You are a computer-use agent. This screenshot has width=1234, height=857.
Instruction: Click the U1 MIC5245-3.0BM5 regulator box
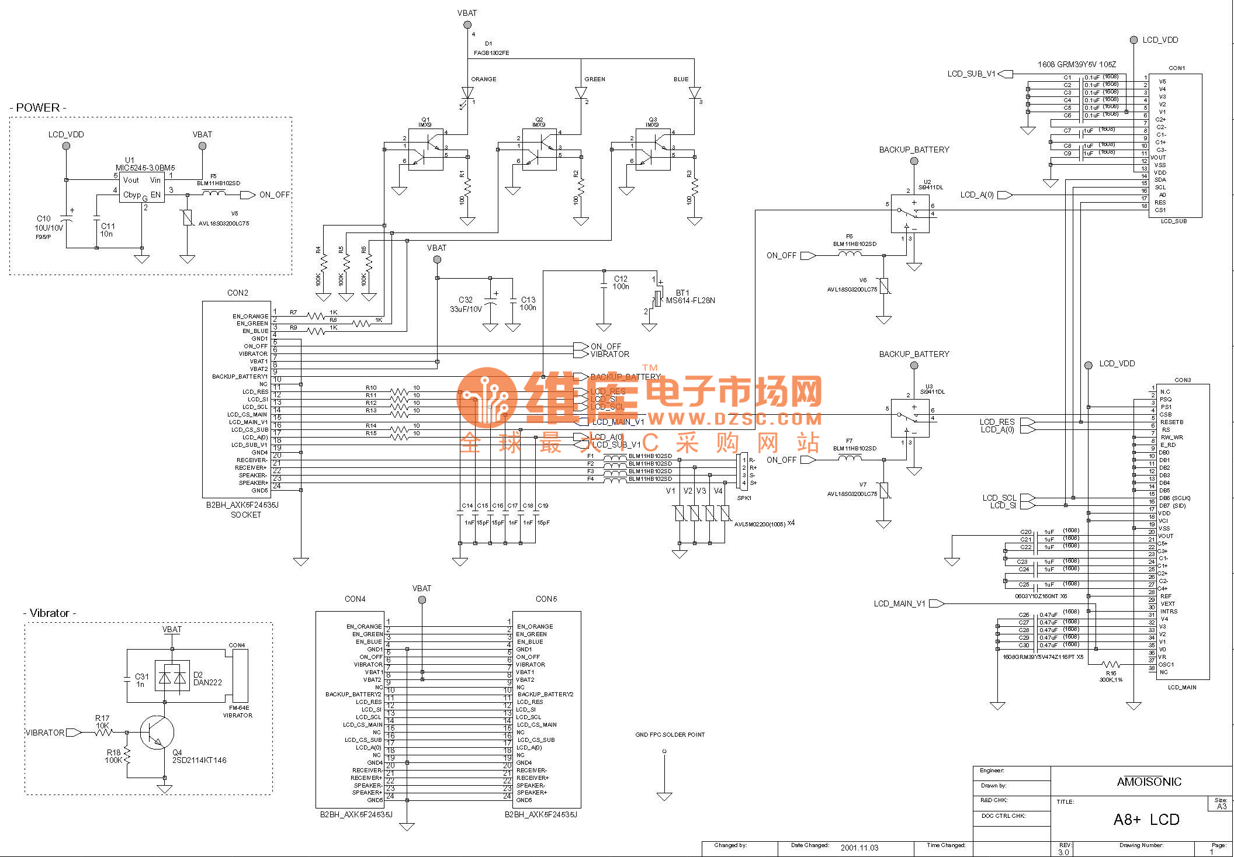(x=141, y=188)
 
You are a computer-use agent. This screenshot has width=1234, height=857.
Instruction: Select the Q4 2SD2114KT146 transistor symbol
(x=157, y=732)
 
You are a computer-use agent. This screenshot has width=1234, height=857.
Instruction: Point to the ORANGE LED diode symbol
(x=467, y=93)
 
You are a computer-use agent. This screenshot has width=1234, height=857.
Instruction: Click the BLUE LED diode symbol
(x=694, y=93)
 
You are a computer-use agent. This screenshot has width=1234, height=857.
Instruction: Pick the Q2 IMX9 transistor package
(x=539, y=150)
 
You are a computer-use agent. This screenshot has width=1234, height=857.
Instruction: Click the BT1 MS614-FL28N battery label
(x=690, y=297)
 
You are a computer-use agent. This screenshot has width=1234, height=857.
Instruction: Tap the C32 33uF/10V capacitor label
(x=466, y=304)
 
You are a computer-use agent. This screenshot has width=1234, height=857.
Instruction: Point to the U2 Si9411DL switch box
(x=910, y=214)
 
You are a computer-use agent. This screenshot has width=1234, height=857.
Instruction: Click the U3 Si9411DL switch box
(x=910, y=418)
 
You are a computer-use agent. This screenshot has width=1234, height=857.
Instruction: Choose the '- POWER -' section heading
(x=38, y=107)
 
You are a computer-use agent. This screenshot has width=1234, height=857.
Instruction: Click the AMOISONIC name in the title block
(x=1149, y=782)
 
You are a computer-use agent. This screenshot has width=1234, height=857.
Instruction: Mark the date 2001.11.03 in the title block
(x=859, y=848)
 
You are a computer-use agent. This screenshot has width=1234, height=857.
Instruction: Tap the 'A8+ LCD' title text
(x=1146, y=820)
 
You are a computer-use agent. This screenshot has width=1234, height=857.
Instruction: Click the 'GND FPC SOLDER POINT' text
(x=670, y=734)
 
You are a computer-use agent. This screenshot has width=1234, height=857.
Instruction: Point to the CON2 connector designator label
(x=238, y=293)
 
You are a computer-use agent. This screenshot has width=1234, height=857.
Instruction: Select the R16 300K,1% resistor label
(x=1111, y=676)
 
